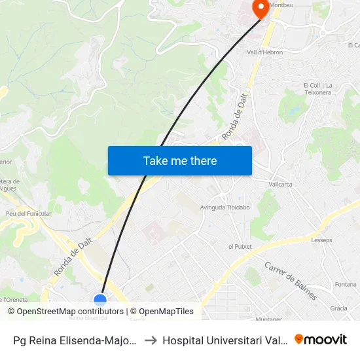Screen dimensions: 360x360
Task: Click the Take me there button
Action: [x=180, y=160]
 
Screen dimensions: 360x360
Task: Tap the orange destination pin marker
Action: [x=261, y=9]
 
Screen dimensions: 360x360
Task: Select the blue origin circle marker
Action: [x=100, y=300]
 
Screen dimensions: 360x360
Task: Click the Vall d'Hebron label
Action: [x=264, y=52]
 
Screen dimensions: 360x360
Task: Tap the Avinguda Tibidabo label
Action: [x=225, y=207]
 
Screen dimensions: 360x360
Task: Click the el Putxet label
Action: [x=240, y=246]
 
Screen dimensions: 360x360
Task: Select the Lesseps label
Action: [x=322, y=240]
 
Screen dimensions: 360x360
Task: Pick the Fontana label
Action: [x=345, y=284]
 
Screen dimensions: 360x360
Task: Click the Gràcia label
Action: [x=338, y=308]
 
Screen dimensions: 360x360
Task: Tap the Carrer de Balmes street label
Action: [x=291, y=281]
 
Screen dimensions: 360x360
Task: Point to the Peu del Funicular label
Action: [x=28, y=213]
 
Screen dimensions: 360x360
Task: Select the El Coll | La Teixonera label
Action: [x=319, y=89]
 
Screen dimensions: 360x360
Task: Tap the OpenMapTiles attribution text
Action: [x=166, y=312]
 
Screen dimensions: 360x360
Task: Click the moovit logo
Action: [x=321, y=339]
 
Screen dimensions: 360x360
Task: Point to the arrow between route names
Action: [x=150, y=340]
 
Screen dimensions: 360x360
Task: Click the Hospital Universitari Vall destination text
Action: [x=226, y=340]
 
